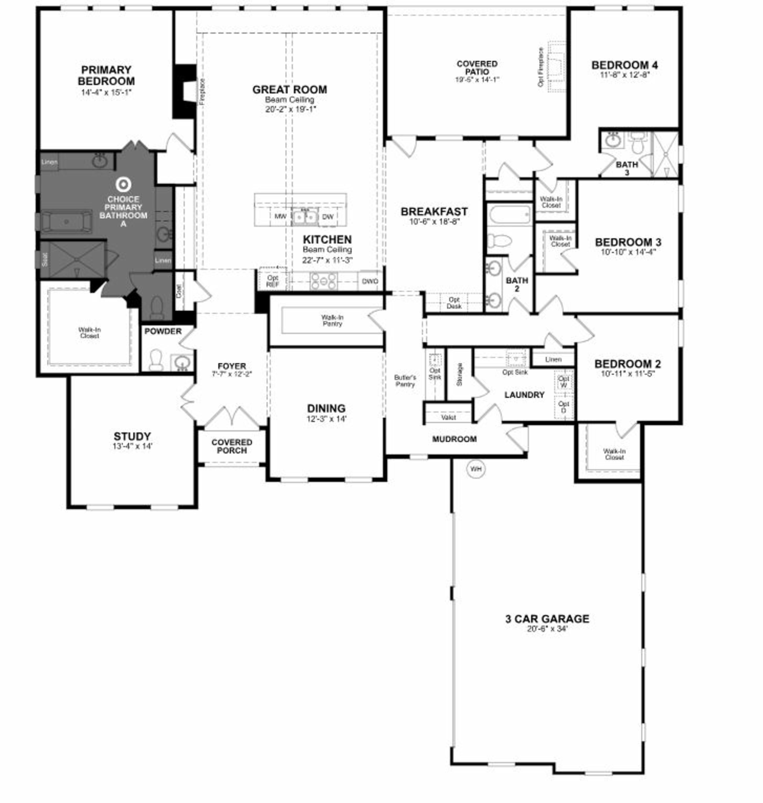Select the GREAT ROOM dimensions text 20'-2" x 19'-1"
(290, 109)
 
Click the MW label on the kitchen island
(280, 216)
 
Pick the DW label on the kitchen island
(328, 216)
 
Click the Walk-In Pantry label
(332, 321)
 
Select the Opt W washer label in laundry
(564, 382)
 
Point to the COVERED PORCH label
(232, 446)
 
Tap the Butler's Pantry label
(405, 381)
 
